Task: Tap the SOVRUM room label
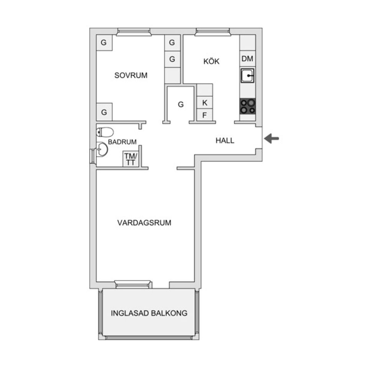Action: pyautogui.click(x=131, y=76)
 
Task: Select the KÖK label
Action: pyautogui.click(x=211, y=61)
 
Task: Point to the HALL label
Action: pyautogui.click(x=225, y=141)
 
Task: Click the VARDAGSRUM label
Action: pyautogui.click(x=144, y=222)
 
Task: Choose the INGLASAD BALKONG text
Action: pyautogui.click(x=149, y=313)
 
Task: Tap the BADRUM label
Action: pyautogui.click(x=122, y=142)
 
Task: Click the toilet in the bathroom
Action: pyautogui.click(x=105, y=132)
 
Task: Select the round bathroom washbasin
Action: pyautogui.click(x=102, y=149)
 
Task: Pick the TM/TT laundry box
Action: pyautogui.click(x=130, y=159)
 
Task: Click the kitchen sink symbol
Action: pyautogui.click(x=248, y=76)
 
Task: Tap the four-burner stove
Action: pyautogui.click(x=248, y=106)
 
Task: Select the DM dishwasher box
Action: pyautogui.click(x=248, y=59)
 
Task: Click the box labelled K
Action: pyautogui.click(x=205, y=103)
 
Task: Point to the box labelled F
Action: pyautogui.click(x=205, y=115)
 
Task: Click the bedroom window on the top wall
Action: pyautogui.click(x=133, y=32)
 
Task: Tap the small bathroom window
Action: pyautogui.click(x=92, y=156)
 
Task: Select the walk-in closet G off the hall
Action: pyautogui.click(x=181, y=104)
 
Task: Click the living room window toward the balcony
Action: pyautogui.click(x=133, y=284)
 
